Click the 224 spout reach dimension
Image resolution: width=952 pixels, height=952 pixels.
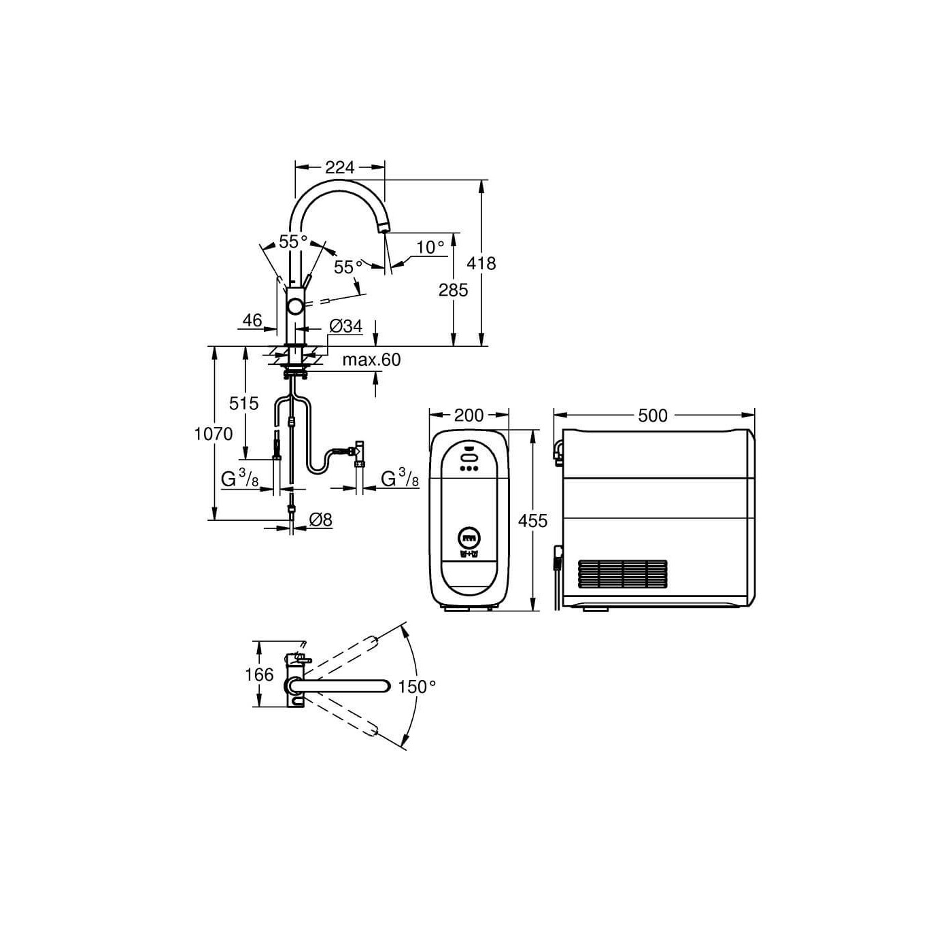click(x=339, y=167)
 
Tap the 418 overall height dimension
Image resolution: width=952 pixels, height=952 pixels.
click(x=481, y=263)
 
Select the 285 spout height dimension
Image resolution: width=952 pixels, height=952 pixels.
click(x=453, y=290)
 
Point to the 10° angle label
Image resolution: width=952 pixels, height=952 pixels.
click(x=430, y=248)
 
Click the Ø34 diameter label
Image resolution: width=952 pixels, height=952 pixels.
click(x=345, y=326)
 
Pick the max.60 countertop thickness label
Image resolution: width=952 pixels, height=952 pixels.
click(x=371, y=360)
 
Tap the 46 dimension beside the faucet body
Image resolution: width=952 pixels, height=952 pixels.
click(x=252, y=320)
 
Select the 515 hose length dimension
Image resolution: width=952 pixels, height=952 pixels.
click(x=243, y=404)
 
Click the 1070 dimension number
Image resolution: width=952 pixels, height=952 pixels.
click(x=214, y=434)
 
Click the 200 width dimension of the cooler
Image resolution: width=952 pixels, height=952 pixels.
click(x=469, y=415)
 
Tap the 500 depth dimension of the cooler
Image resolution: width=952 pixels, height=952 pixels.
click(x=653, y=415)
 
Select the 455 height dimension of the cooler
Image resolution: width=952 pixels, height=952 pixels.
click(x=532, y=521)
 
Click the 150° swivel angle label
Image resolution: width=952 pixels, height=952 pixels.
click(x=417, y=687)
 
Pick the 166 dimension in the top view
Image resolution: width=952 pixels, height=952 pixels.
click(x=259, y=675)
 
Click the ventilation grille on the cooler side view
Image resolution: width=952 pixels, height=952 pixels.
click(x=622, y=575)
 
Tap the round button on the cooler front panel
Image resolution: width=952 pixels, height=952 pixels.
click(x=470, y=539)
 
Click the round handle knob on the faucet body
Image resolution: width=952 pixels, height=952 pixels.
click(x=296, y=307)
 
